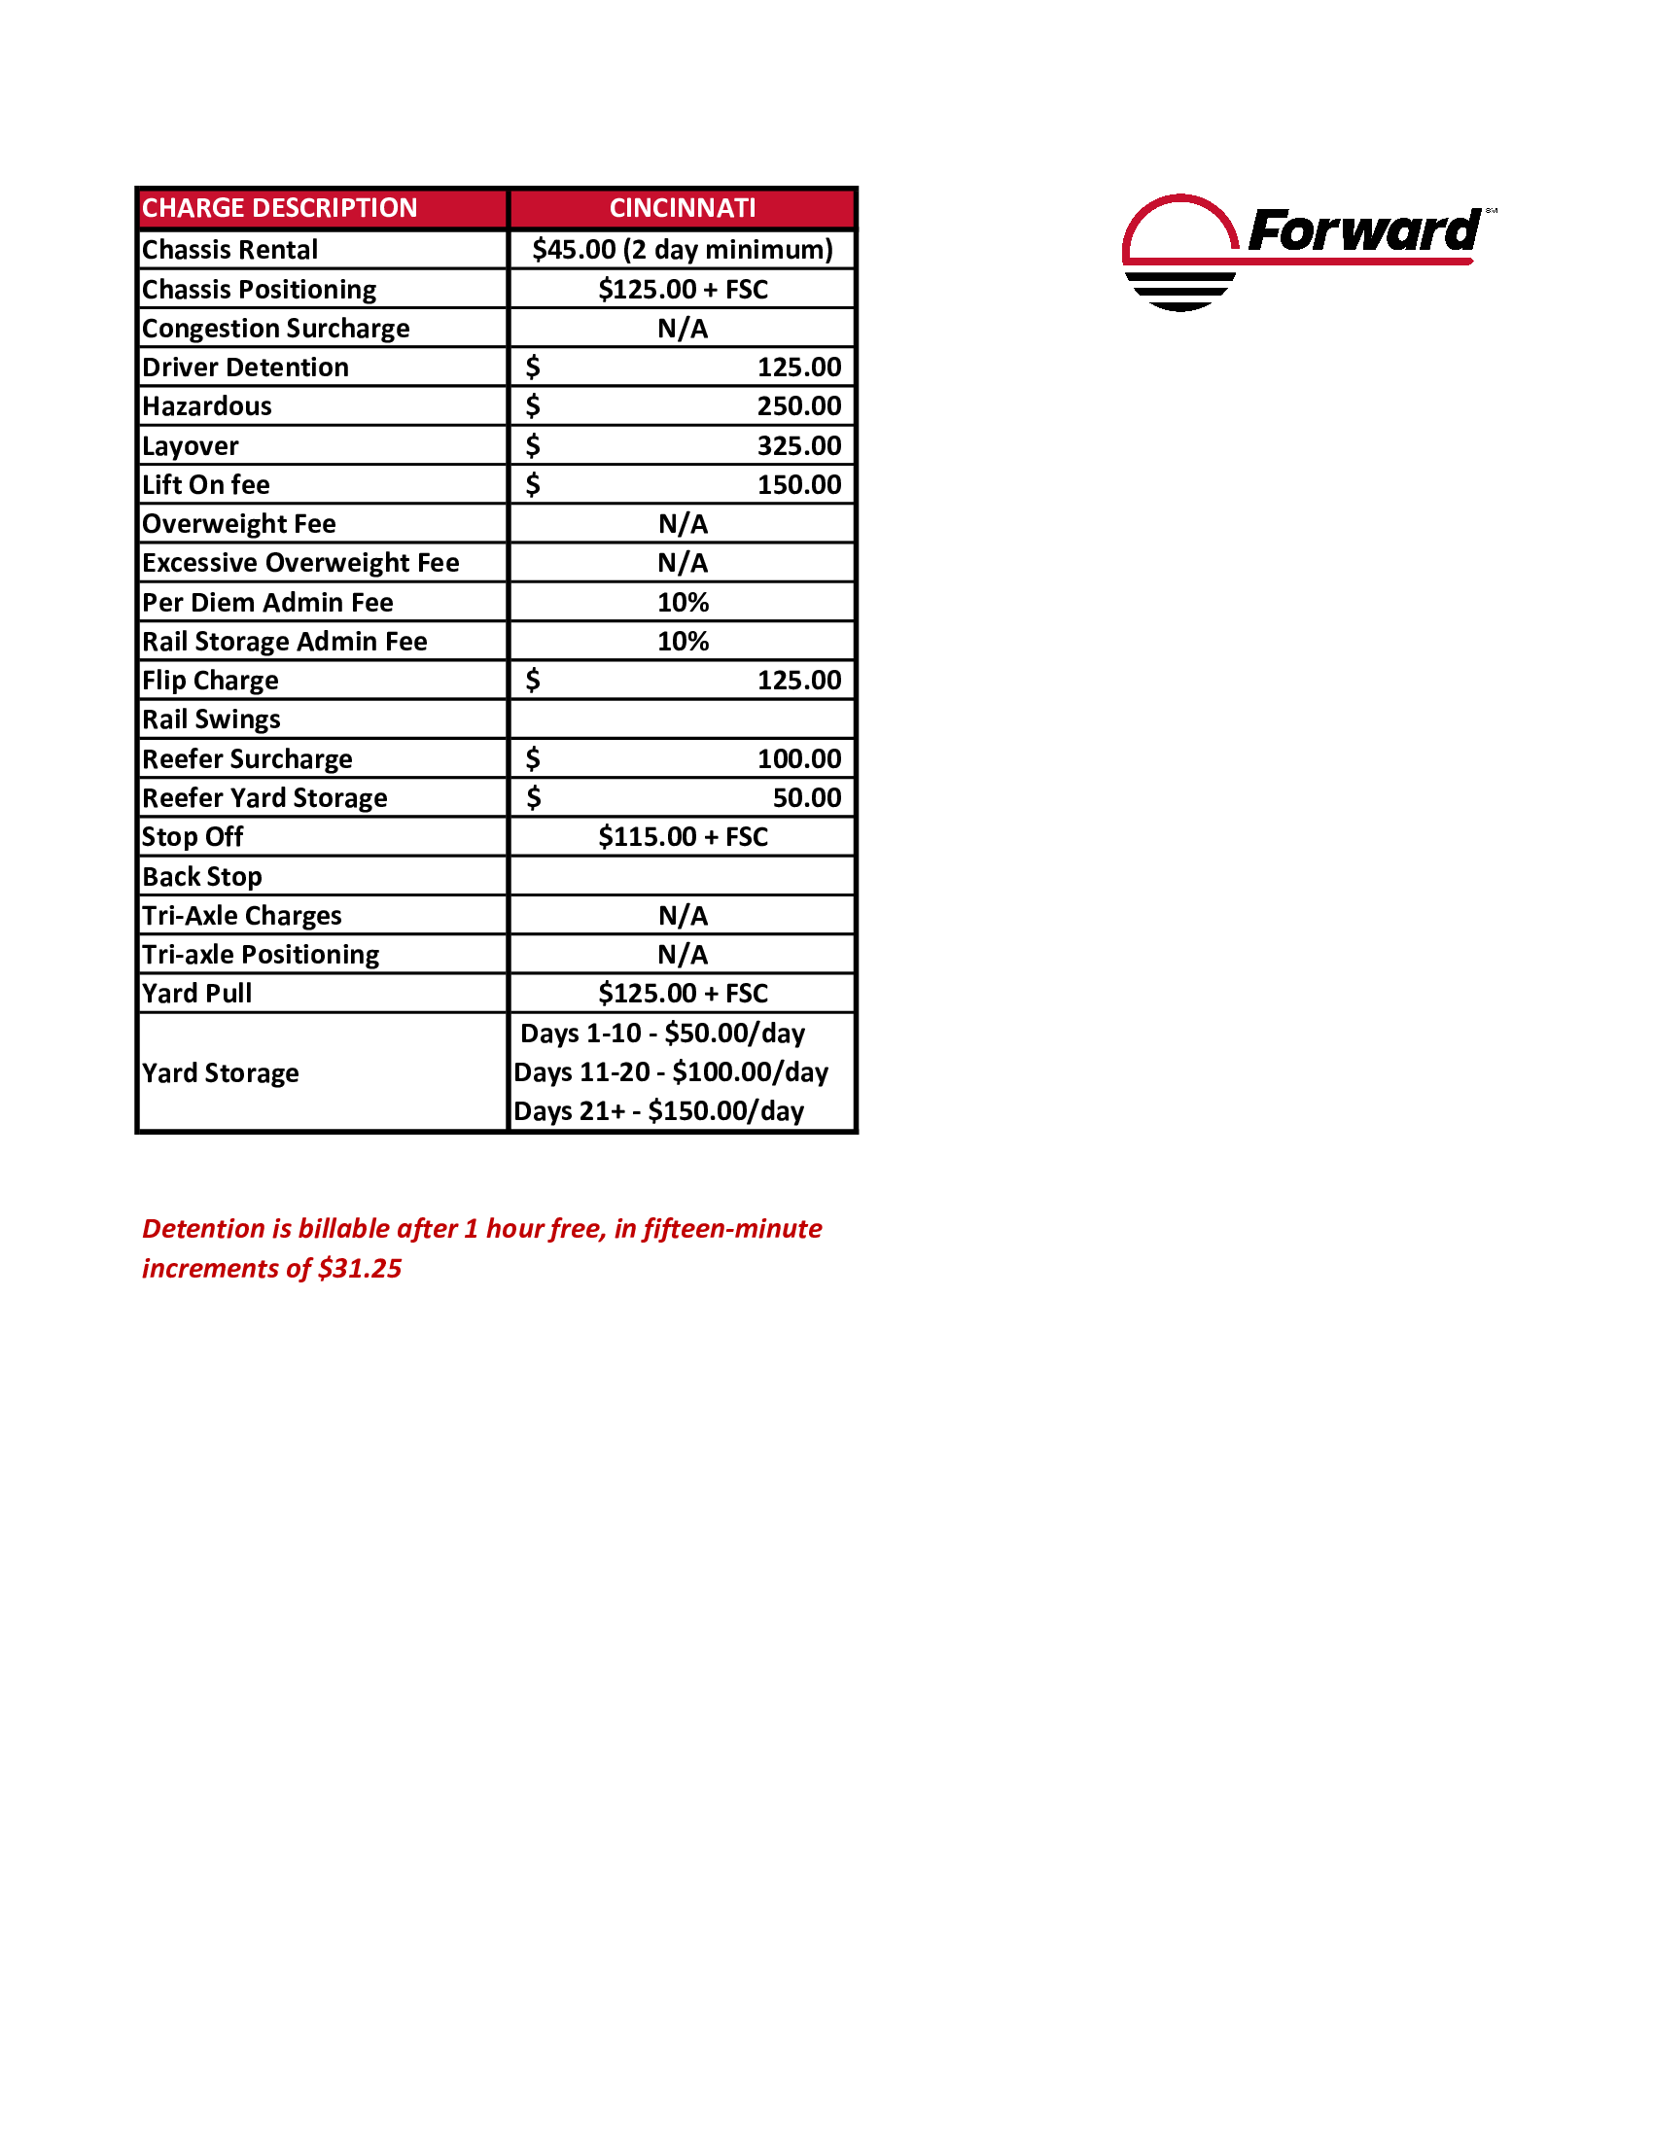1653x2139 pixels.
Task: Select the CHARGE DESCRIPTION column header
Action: click(x=279, y=208)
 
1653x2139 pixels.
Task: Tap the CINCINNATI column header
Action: click(x=682, y=208)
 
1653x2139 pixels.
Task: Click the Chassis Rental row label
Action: click(x=230, y=250)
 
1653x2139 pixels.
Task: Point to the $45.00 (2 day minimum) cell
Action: click(x=682, y=250)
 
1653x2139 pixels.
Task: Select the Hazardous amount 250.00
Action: click(x=798, y=405)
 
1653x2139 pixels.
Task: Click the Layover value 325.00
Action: click(x=798, y=445)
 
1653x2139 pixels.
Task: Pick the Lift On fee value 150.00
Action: click(x=798, y=485)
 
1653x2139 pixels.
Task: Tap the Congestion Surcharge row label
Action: click(x=275, y=328)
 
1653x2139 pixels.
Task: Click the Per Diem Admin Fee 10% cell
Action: click(x=683, y=603)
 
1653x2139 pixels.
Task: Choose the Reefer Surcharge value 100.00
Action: click(x=798, y=759)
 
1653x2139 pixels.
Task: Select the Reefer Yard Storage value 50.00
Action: click(x=806, y=798)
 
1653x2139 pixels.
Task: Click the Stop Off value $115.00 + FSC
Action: click(x=683, y=836)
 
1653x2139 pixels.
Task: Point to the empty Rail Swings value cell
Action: click(x=682, y=719)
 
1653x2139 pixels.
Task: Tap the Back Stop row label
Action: click(x=201, y=877)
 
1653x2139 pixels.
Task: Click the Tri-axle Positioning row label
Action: click(x=261, y=954)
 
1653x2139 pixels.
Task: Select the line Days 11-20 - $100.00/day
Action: click(x=671, y=1072)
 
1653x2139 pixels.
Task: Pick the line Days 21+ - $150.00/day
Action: click(x=659, y=1111)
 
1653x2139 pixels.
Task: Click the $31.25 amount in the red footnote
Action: click(x=360, y=1268)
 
